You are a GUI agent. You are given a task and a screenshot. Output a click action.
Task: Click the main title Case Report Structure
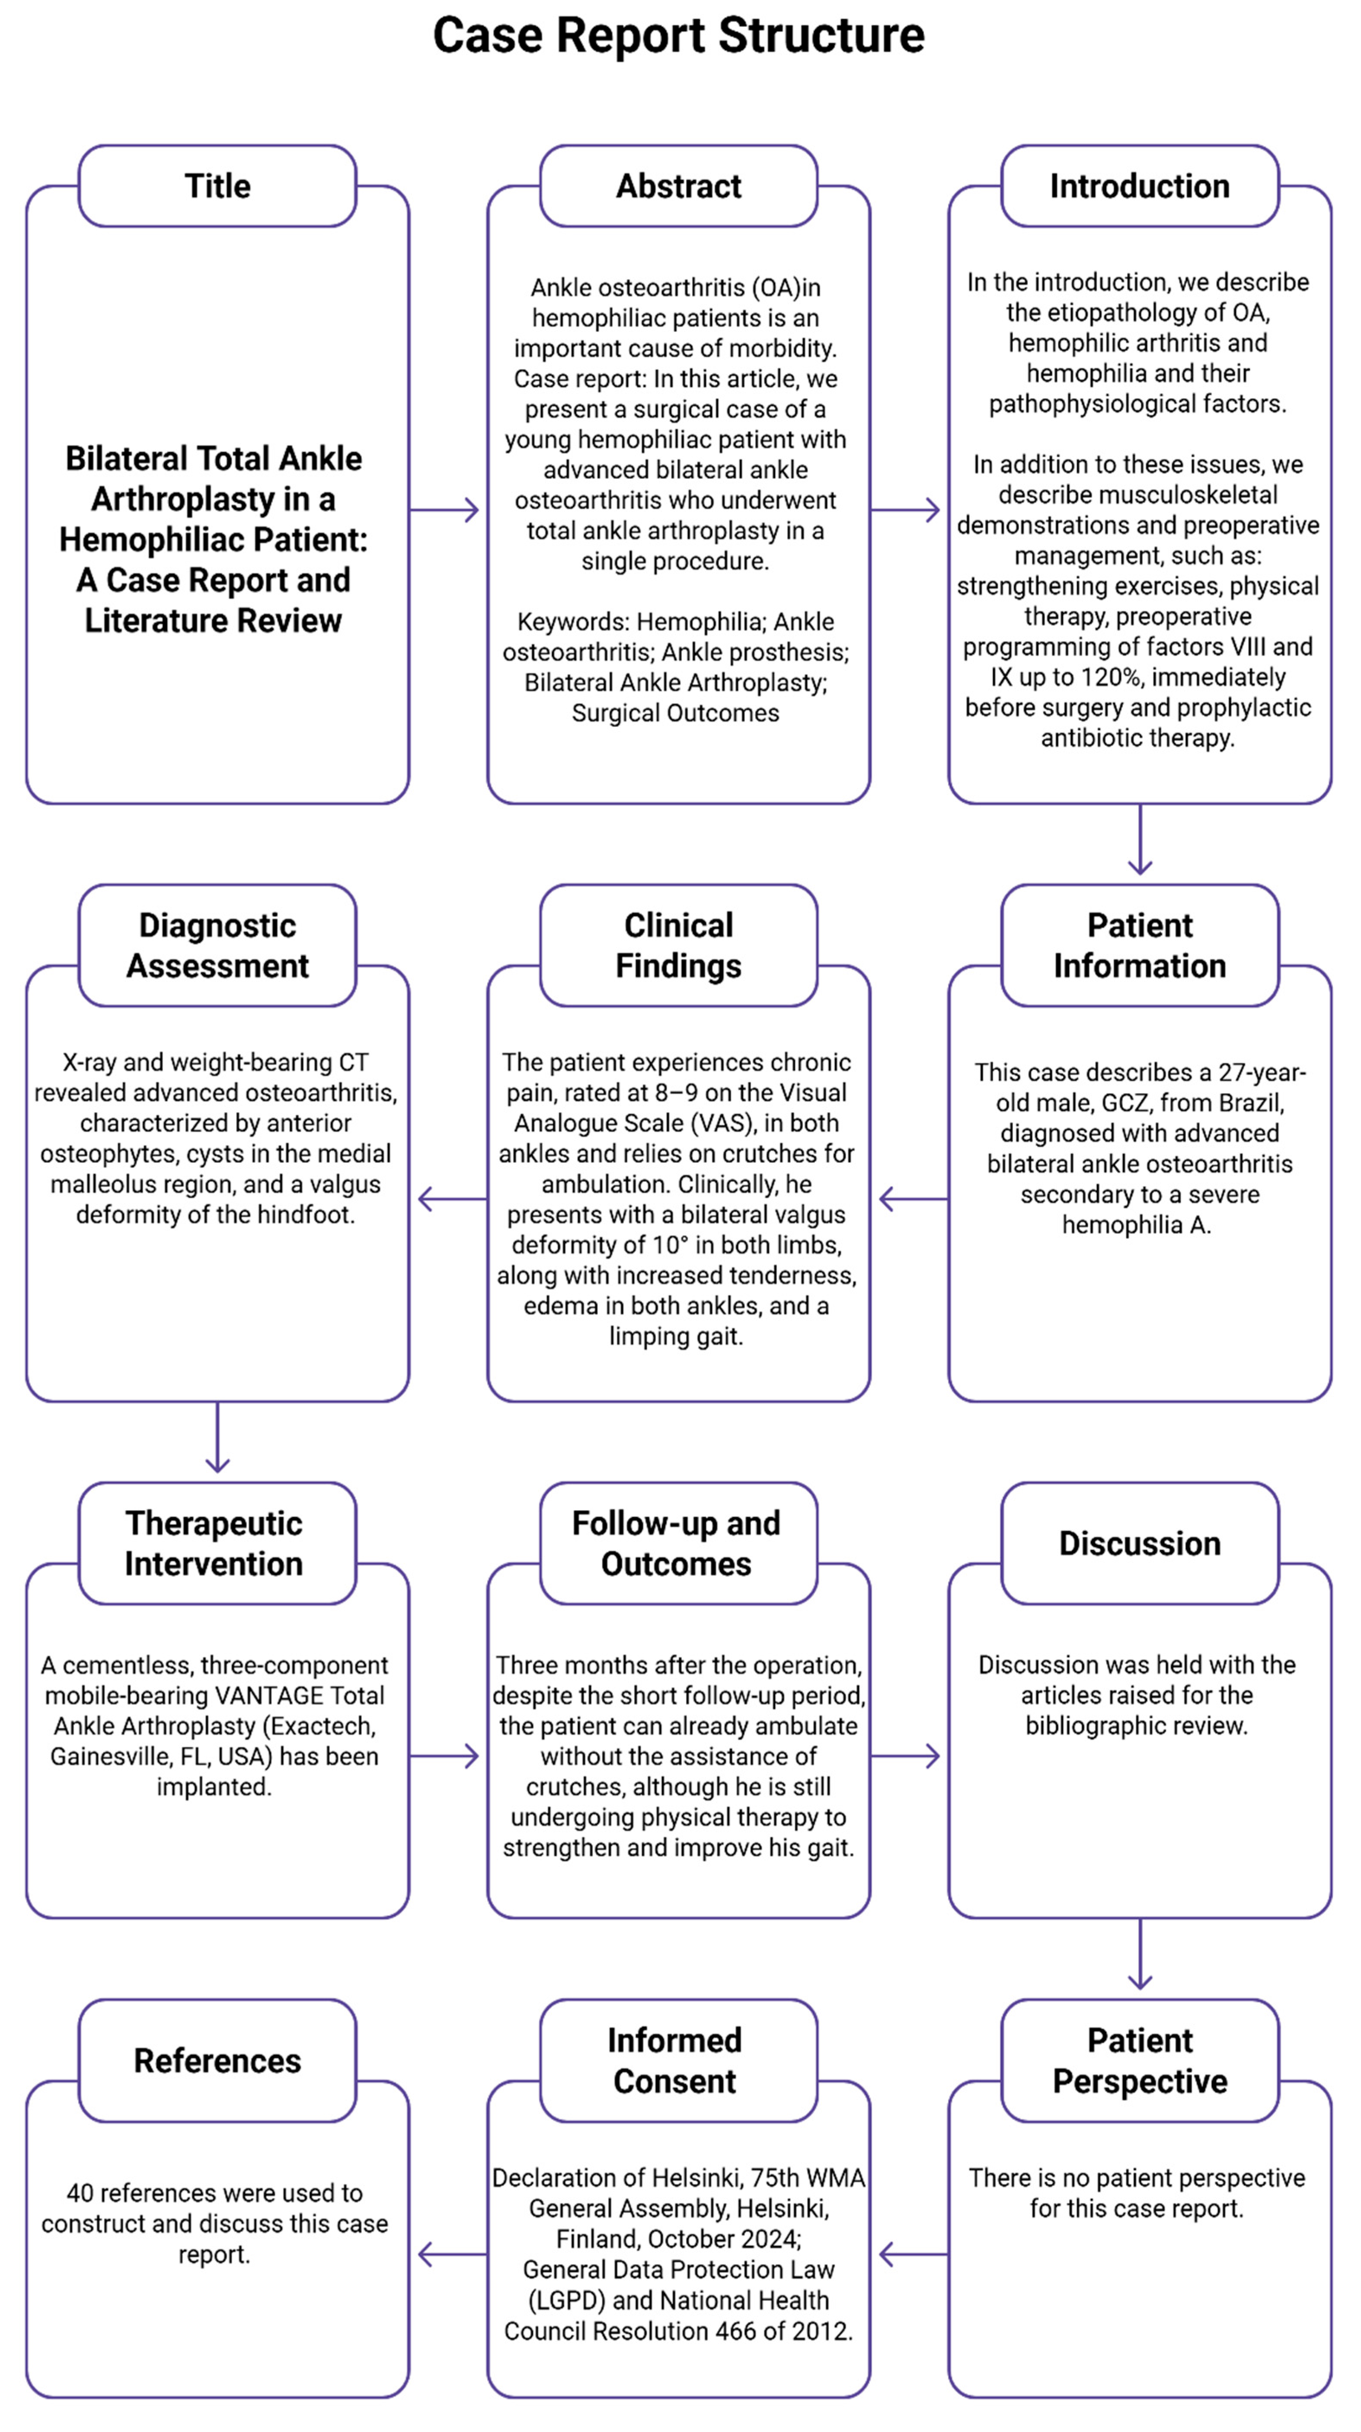tap(679, 36)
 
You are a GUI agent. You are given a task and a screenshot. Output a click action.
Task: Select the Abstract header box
tap(679, 186)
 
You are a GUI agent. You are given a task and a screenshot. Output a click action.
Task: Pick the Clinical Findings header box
tap(679, 945)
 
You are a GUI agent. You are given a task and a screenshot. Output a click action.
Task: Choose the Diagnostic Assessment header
tap(217, 945)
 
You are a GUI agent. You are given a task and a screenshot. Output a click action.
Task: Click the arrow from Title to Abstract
tap(445, 511)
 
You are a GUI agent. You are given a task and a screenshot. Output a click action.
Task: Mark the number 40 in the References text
tap(79, 2193)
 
